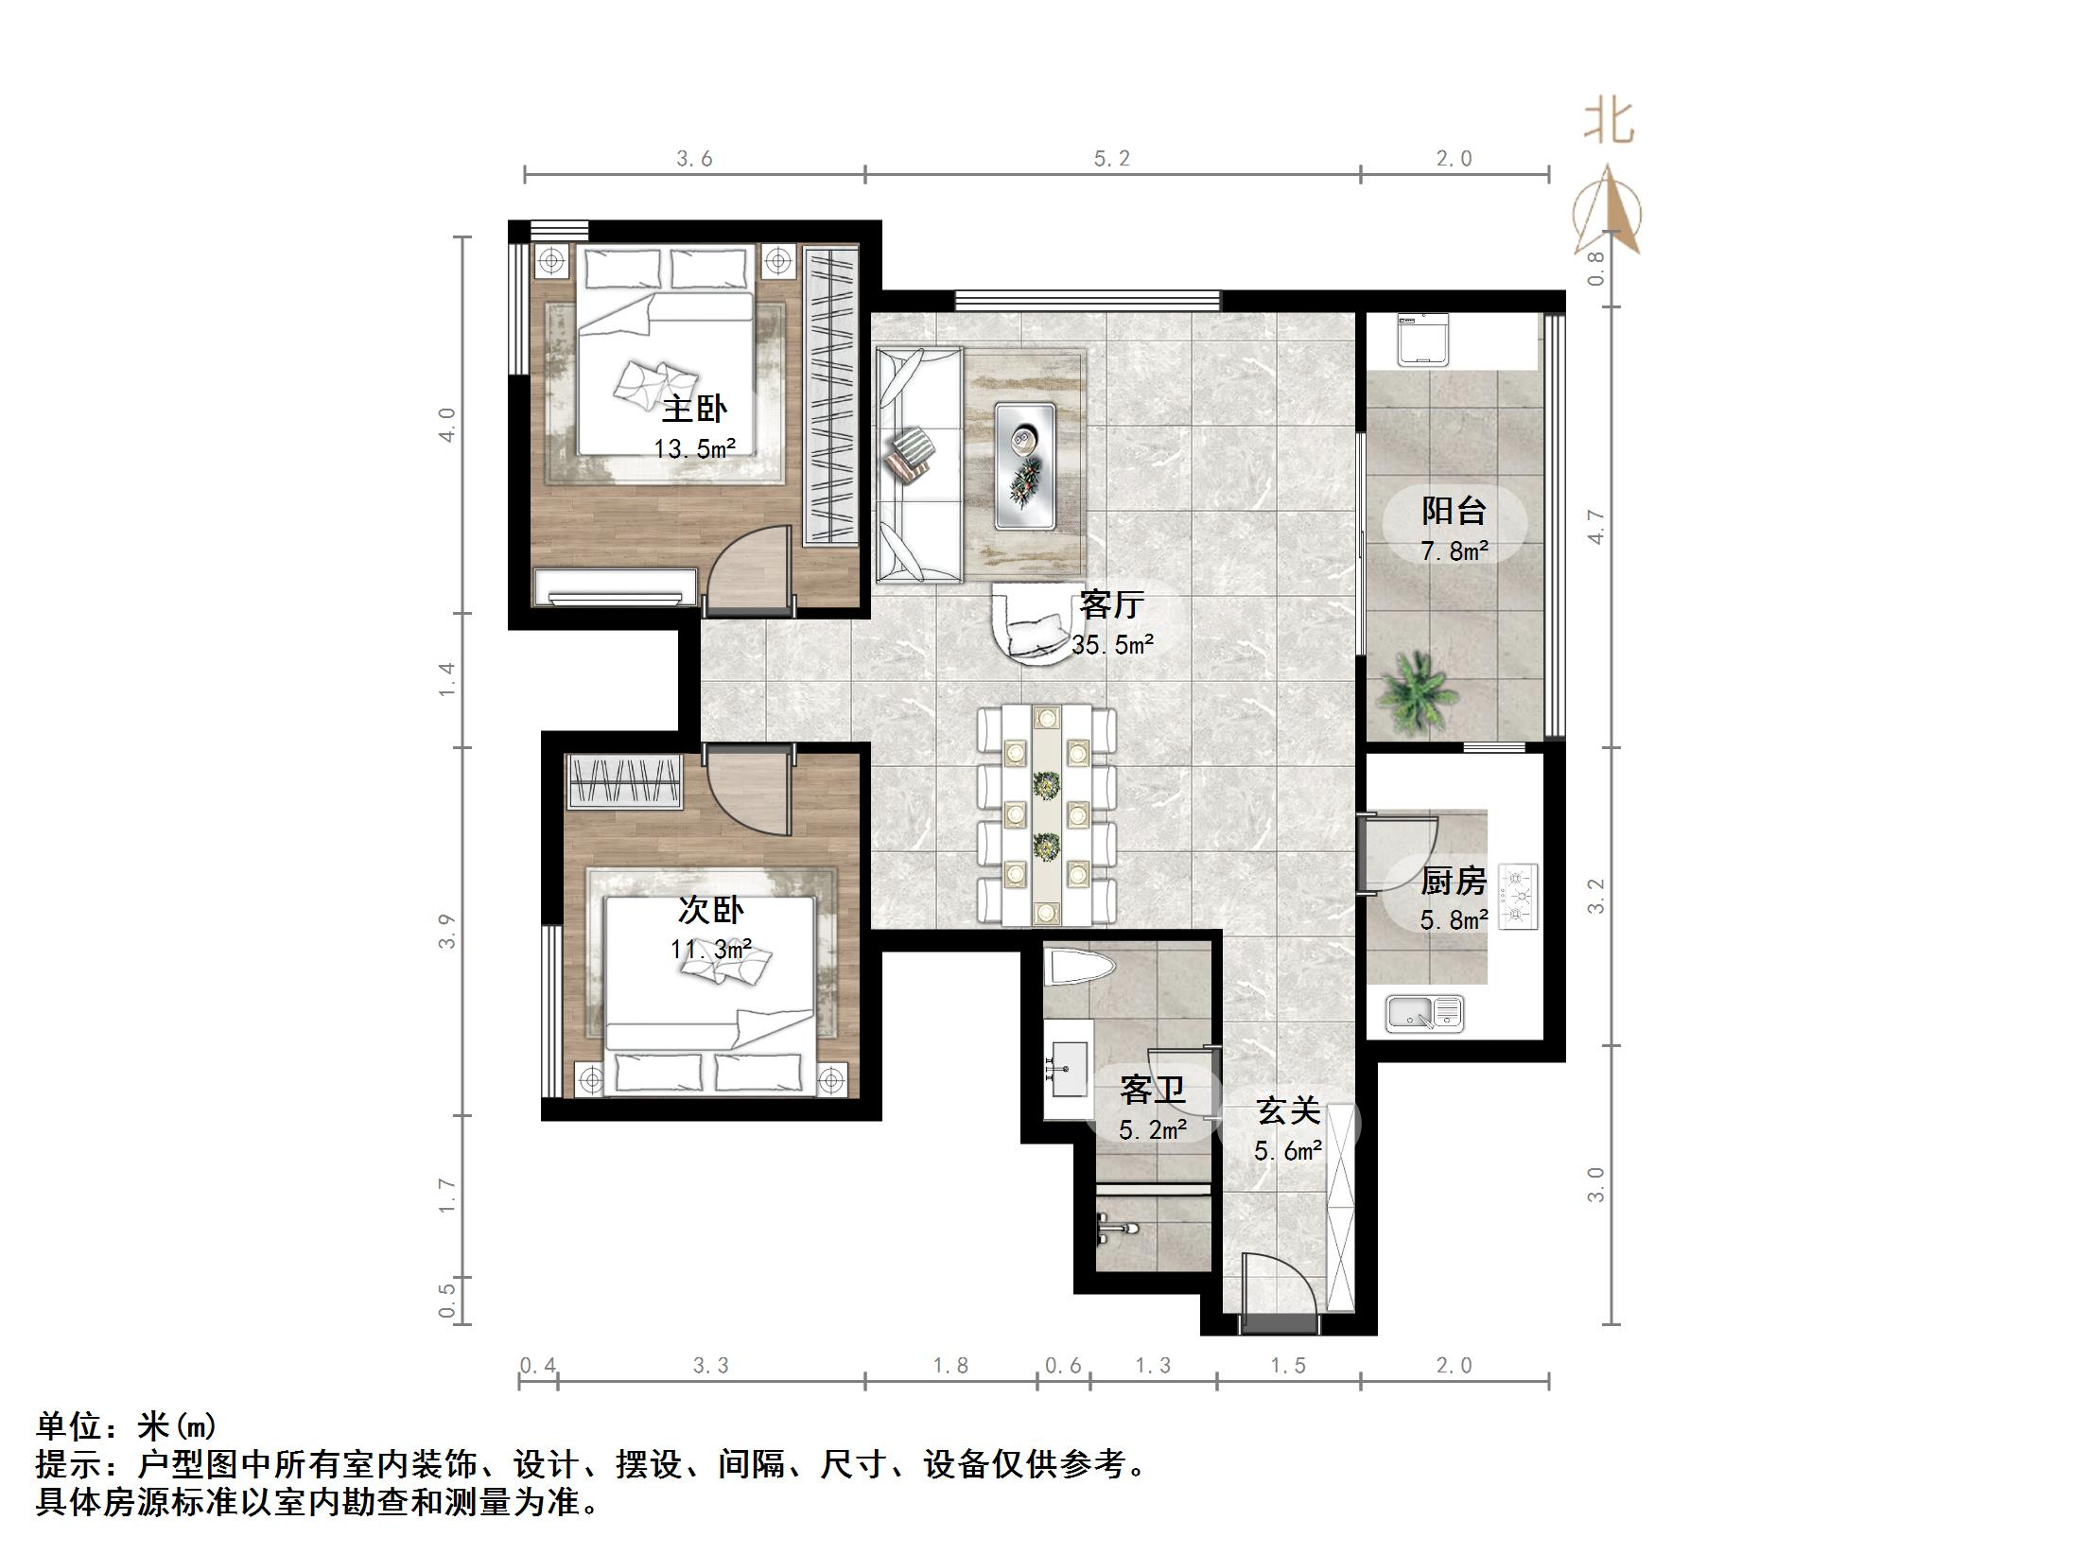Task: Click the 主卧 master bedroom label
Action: click(694, 410)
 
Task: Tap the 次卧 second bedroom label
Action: click(711, 910)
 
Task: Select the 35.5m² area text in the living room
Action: click(1113, 645)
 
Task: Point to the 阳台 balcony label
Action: click(1455, 511)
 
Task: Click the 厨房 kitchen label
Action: click(1455, 881)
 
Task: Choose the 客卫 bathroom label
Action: click(1153, 1090)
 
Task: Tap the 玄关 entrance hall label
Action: click(1288, 1110)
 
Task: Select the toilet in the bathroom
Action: click(1080, 968)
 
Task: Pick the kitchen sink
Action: click(1425, 1013)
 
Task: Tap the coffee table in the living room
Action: click(1025, 464)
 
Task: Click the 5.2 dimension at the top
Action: click(1112, 158)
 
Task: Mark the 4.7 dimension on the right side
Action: click(1596, 527)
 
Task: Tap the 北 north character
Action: click(1609, 122)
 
